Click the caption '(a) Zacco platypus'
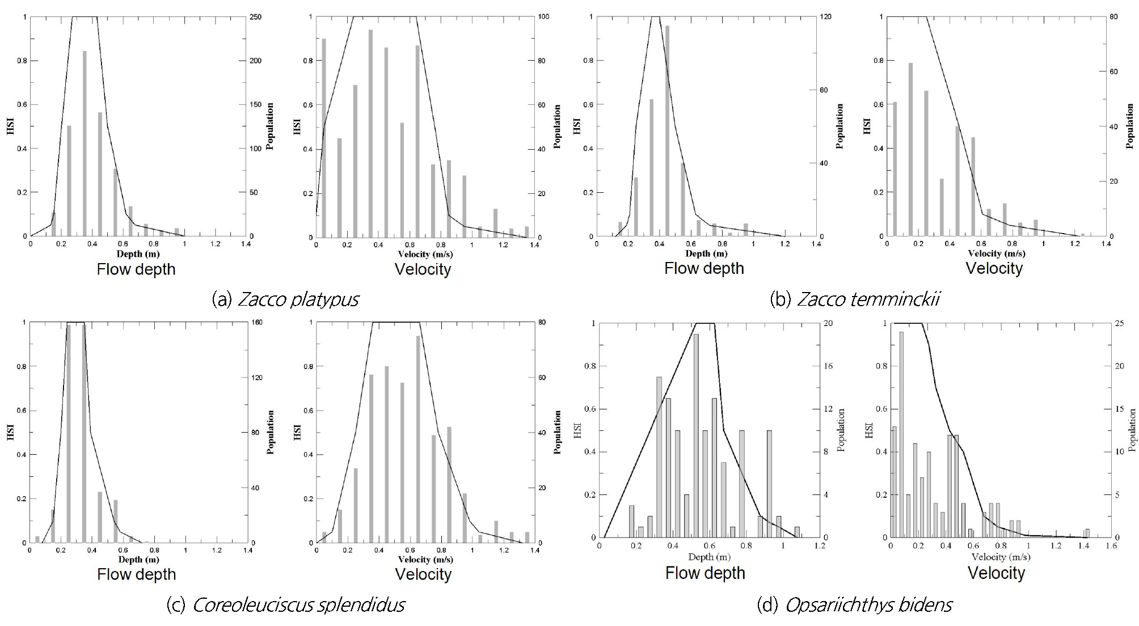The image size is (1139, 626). pos(285,299)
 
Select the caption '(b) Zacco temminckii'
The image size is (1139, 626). pos(855,299)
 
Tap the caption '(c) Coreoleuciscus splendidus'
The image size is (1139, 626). pos(285,604)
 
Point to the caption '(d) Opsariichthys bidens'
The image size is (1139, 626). pos(854,604)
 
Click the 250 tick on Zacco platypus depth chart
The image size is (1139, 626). pos(256,17)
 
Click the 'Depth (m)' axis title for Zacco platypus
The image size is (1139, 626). pos(138,253)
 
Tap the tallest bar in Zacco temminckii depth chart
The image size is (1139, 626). pos(667,131)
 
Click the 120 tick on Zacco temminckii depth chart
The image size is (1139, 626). pos(825,17)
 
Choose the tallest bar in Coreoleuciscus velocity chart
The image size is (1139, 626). pos(418,439)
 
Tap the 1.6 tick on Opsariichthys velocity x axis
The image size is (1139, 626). pos(1111,545)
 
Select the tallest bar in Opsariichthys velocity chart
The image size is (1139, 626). pos(901,434)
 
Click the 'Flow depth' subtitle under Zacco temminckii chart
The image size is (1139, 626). pos(704,268)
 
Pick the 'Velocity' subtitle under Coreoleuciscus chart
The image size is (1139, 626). pos(423,574)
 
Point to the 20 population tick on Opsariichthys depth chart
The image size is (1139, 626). pos(828,323)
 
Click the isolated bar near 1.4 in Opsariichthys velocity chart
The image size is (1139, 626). pos(1087,534)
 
